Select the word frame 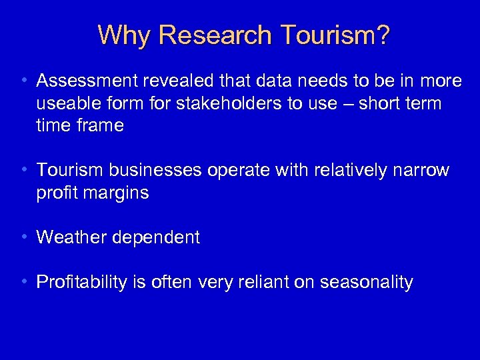pyautogui.click(x=99, y=126)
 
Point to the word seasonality pyautogui.click(x=367, y=283)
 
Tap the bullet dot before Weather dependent pyautogui.click(x=24, y=237)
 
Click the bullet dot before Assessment pyautogui.click(x=24, y=81)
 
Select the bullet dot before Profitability pyautogui.click(x=24, y=281)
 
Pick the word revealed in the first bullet pyautogui.click(x=175, y=81)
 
